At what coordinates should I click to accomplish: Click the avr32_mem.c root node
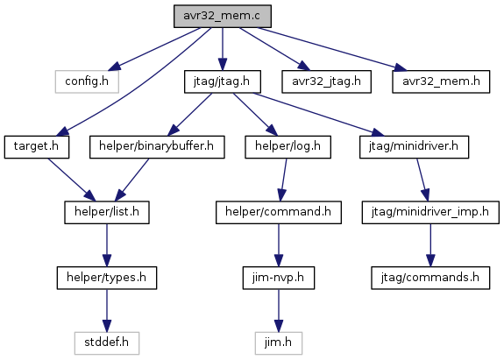(x=223, y=16)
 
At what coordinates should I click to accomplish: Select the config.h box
(x=87, y=81)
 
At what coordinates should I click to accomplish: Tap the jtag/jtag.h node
(x=223, y=81)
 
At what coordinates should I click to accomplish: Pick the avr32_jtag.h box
(x=327, y=81)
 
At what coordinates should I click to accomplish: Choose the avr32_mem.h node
(x=441, y=81)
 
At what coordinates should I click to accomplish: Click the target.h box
(x=37, y=147)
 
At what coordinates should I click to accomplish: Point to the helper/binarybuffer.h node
(x=157, y=147)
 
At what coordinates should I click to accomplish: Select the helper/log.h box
(x=288, y=147)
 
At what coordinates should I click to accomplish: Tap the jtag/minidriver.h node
(x=415, y=147)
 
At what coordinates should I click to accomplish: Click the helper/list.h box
(x=107, y=212)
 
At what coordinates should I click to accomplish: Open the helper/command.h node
(x=279, y=212)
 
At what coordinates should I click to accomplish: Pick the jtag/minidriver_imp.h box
(x=430, y=212)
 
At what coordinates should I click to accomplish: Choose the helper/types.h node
(x=107, y=278)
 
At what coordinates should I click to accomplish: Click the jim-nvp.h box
(x=279, y=278)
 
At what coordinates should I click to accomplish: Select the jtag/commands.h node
(x=430, y=278)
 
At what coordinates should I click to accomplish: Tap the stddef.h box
(x=107, y=343)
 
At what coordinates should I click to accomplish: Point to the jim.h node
(x=279, y=343)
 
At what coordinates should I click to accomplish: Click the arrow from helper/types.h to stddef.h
(x=107, y=311)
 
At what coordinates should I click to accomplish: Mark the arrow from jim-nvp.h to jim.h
(x=279, y=311)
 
